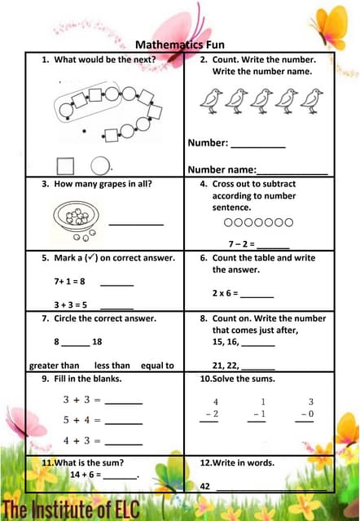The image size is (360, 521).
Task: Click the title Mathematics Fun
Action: (179, 45)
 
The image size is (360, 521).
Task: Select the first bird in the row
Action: (211, 100)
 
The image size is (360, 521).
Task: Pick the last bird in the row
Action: (311, 100)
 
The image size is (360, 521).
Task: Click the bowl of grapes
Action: (77, 218)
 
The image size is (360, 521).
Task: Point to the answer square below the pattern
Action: (66, 165)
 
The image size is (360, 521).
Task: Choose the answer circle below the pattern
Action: (99, 165)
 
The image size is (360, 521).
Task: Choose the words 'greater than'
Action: (54, 366)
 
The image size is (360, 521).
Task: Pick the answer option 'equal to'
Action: (157, 366)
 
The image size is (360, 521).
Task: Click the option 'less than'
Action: (112, 366)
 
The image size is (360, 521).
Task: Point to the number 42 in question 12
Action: (205, 486)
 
